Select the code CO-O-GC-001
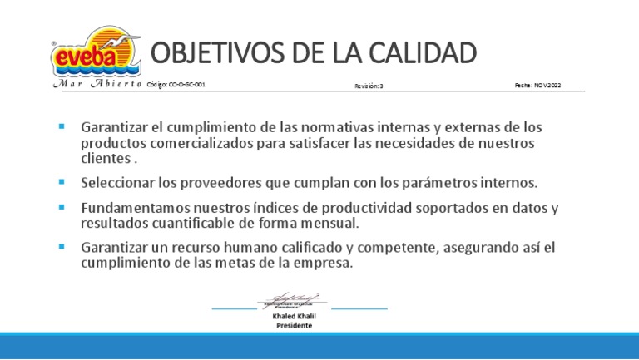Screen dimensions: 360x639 pyautogui.click(x=176, y=85)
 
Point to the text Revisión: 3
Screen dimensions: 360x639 pyautogui.click(x=369, y=86)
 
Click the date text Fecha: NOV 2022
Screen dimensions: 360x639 pyautogui.click(x=537, y=85)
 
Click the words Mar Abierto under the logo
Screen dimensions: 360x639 pyautogui.click(x=96, y=85)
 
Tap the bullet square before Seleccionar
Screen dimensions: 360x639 pyautogui.click(x=62, y=180)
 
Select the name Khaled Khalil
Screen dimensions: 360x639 pyautogui.click(x=295, y=317)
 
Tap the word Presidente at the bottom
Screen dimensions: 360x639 pyautogui.click(x=295, y=326)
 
